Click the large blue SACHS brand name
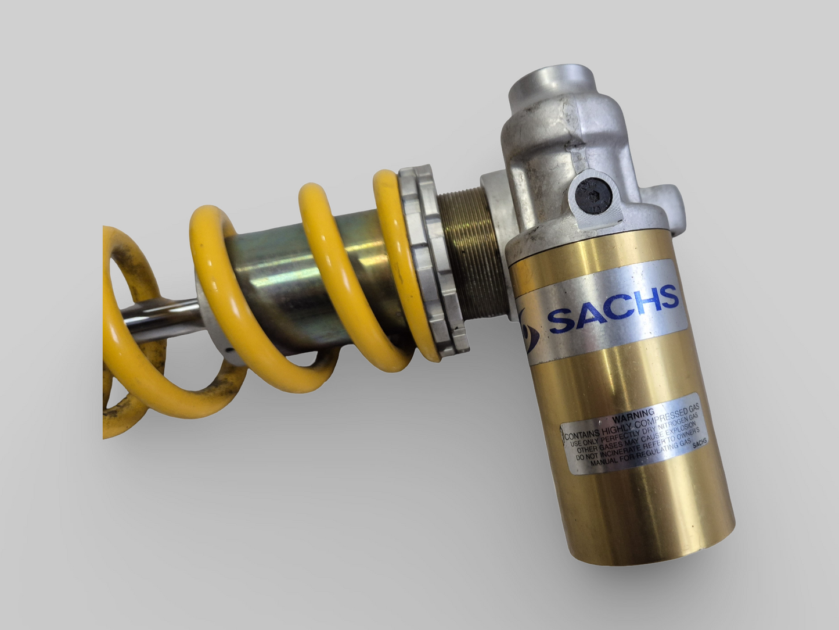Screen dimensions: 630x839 tap(613, 308)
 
